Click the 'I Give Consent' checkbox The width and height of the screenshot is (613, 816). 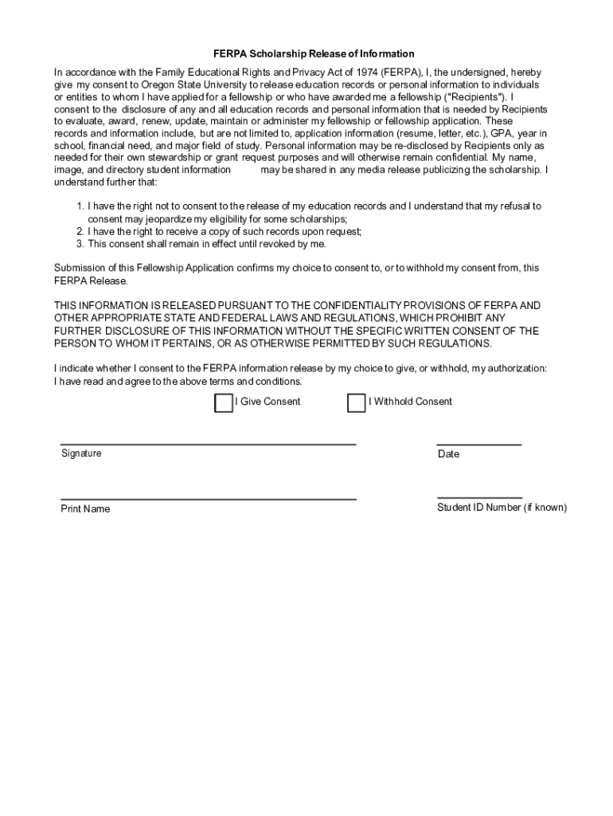click(x=224, y=403)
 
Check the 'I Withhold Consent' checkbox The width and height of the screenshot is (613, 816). click(x=356, y=403)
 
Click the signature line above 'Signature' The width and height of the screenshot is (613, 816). click(x=208, y=443)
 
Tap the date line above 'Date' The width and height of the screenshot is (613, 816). click(x=479, y=444)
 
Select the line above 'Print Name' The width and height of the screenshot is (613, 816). click(x=208, y=499)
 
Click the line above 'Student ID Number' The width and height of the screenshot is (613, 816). click(x=479, y=497)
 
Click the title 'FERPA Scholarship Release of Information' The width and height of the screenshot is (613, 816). click(x=314, y=54)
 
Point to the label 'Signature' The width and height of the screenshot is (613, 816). click(x=81, y=453)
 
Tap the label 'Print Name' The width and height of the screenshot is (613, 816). click(x=85, y=509)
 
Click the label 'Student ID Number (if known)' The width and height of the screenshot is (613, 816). click(x=502, y=508)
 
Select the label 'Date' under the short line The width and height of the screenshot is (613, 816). click(x=448, y=454)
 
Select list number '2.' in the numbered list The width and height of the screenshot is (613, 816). click(x=80, y=231)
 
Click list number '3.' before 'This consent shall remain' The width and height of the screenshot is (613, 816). click(x=80, y=244)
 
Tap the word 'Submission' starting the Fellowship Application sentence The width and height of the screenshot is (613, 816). click(x=80, y=269)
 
